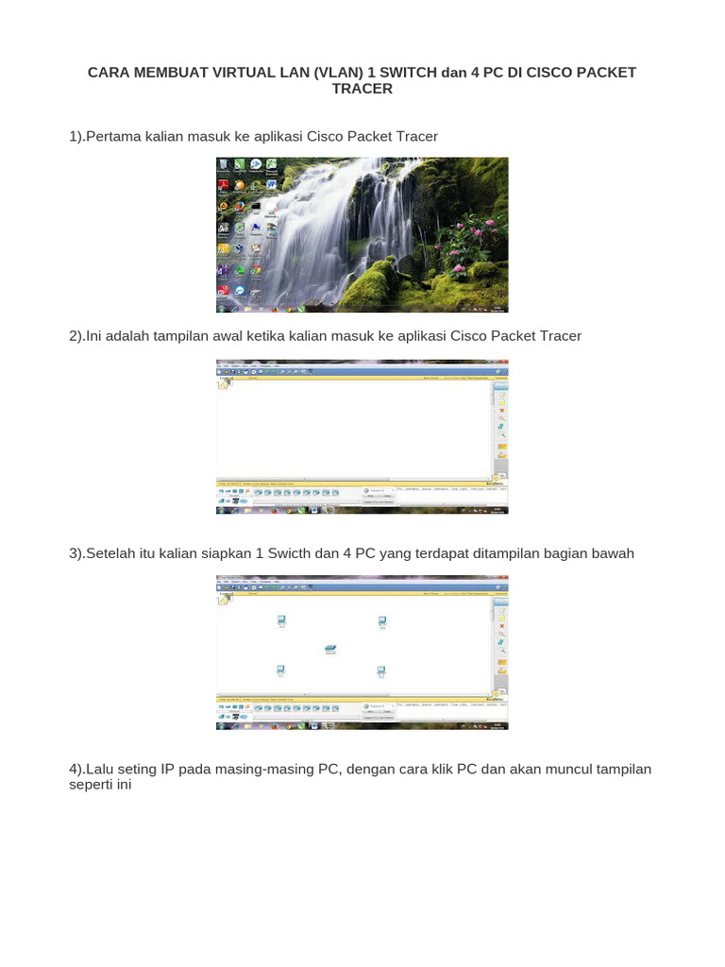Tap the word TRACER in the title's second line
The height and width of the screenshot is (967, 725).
point(362,89)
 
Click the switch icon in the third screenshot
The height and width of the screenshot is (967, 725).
point(330,649)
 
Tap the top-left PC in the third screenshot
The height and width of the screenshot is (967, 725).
point(281,620)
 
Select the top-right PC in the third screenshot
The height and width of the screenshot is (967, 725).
point(382,620)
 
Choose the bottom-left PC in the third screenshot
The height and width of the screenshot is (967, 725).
point(281,670)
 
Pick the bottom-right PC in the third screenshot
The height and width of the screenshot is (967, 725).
point(381,670)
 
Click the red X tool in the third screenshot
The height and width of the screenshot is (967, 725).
point(502,626)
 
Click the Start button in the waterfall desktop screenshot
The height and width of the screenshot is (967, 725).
point(221,309)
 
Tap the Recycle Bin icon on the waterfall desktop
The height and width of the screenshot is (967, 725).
point(222,165)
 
